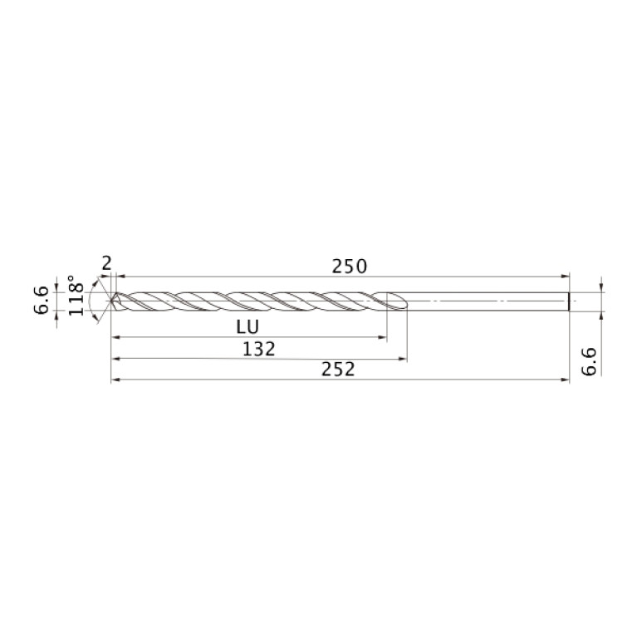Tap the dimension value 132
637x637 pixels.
tap(259, 349)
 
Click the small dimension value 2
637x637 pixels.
tap(105, 263)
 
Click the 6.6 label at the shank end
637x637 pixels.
tap(588, 363)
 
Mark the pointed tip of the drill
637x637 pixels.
tap(111, 301)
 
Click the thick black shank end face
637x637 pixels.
tap(569, 301)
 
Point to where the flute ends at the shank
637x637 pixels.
tap(403, 301)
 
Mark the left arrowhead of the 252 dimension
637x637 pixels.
tap(115, 380)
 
